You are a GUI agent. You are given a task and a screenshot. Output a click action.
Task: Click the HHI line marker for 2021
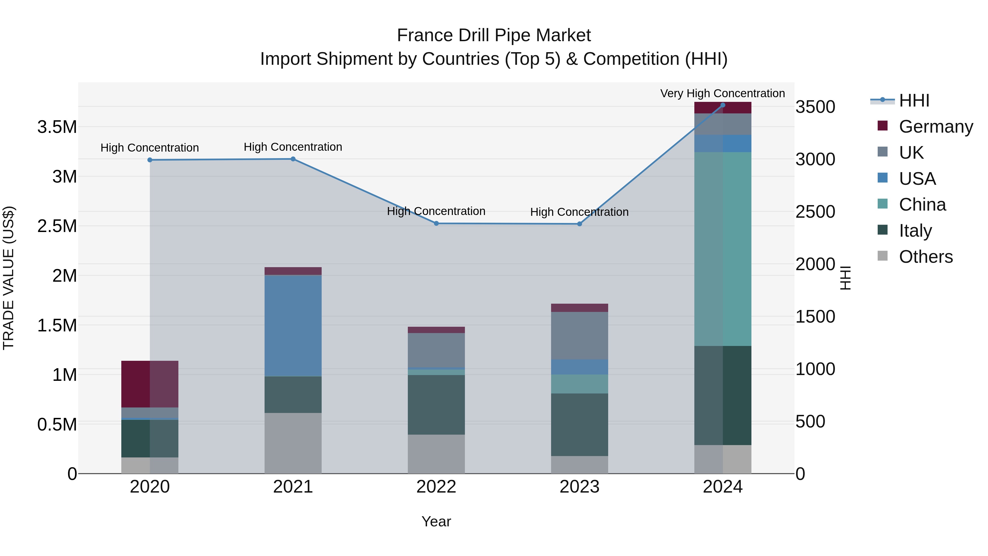(x=293, y=159)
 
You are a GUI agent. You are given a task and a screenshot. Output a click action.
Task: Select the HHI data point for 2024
(x=723, y=105)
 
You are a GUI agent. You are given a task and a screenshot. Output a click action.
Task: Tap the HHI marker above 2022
(x=436, y=223)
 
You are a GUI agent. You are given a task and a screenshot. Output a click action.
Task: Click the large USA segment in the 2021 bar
(x=293, y=325)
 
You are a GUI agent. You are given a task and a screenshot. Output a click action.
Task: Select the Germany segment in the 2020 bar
(x=150, y=384)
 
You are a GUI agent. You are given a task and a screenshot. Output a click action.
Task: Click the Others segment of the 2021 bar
(x=293, y=443)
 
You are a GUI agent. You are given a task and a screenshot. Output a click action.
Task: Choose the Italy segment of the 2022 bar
(x=436, y=404)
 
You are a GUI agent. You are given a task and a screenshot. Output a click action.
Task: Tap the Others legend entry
(x=925, y=256)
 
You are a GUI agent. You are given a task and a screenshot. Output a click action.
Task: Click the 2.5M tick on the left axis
(x=57, y=226)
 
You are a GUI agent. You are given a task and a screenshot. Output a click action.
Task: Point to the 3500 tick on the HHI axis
(x=815, y=107)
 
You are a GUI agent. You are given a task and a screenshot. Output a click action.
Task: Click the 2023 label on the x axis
(x=580, y=487)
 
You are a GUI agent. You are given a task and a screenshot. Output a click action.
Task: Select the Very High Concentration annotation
(x=722, y=93)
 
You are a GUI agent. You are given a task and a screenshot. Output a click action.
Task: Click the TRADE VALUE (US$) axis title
(x=9, y=278)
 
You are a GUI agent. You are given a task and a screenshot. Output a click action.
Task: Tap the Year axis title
(x=436, y=521)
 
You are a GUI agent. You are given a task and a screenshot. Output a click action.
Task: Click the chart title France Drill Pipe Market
(x=494, y=35)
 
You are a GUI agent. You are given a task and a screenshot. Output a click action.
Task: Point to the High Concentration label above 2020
(x=150, y=148)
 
